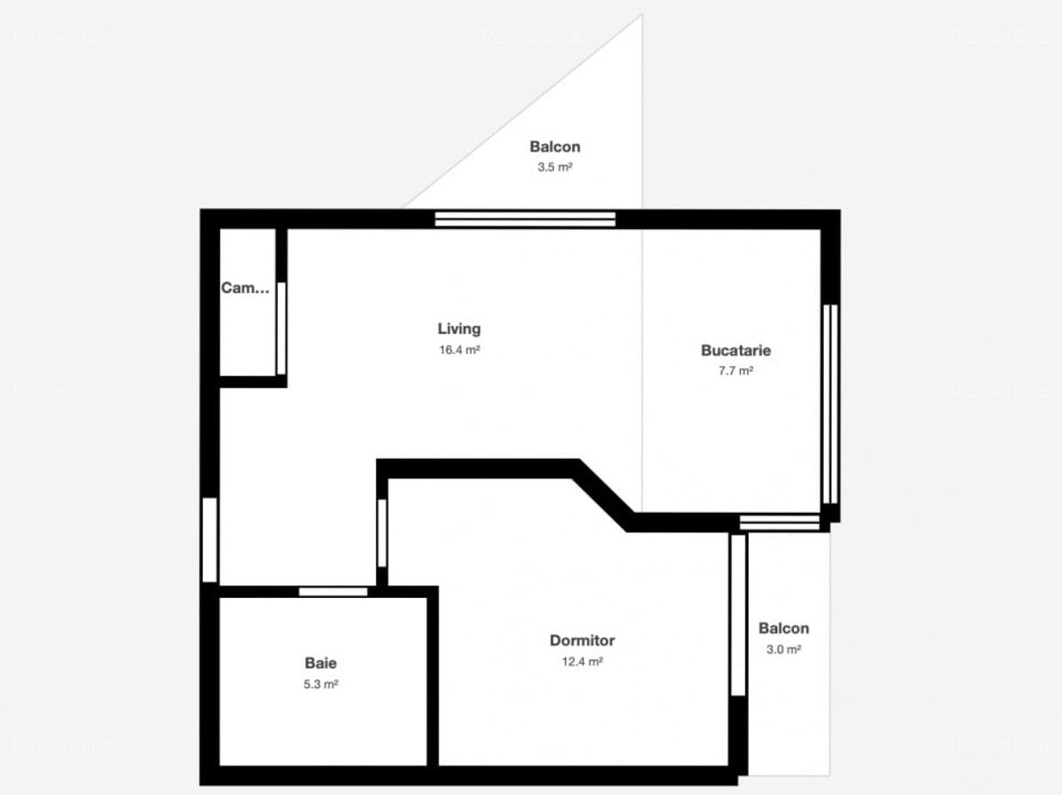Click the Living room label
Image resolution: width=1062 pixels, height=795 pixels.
pos(458,329)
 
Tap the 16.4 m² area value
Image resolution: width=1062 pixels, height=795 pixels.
pos(458,350)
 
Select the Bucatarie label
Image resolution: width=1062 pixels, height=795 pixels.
pos(735,350)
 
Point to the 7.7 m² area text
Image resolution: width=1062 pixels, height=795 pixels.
pos(735,371)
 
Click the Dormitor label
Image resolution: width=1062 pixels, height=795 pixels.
pos(581,640)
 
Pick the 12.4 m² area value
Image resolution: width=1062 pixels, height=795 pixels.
pos(581,661)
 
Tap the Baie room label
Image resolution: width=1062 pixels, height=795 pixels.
pos(320,662)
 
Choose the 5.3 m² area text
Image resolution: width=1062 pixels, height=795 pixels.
pos(320,684)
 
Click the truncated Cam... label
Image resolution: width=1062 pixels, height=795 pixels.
pos(245,287)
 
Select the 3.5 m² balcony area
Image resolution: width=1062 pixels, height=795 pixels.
pos(555,167)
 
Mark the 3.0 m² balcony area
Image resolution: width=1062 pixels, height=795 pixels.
pos(783,649)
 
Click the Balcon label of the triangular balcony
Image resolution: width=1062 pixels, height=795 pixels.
pos(555,147)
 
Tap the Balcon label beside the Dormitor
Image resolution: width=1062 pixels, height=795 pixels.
pos(783,629)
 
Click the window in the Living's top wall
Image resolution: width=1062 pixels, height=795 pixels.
pos(525,218)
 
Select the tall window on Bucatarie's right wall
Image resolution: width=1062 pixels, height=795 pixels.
pos(829,404)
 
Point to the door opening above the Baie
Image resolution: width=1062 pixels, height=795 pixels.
pos(333,592)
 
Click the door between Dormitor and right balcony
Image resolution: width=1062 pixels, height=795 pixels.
pos(737,615)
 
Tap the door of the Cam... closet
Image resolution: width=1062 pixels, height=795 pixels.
pos(281,328)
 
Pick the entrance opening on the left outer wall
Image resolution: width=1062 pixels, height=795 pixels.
pos(210,540)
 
